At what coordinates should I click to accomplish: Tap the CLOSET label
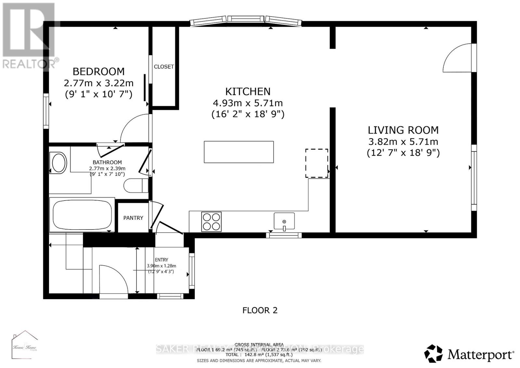point(164,67)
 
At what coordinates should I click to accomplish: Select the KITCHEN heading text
point(248,91)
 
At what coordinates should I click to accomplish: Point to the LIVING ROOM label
point(403,130)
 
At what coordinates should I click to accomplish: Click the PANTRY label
point(133,218)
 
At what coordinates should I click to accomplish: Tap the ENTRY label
point(162,260)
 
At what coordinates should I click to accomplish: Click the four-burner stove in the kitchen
point(211,221)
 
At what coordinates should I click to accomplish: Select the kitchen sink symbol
point(284,221)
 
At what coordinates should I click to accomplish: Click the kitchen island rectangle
point(239,152)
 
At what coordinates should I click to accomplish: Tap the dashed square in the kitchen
point(316,163)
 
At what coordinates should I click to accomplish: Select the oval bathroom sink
point(59,163)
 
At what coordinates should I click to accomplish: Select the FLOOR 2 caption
point(260,310)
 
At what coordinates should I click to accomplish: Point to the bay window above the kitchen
point(246,20)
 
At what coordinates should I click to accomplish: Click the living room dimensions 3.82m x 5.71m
point(403,142)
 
